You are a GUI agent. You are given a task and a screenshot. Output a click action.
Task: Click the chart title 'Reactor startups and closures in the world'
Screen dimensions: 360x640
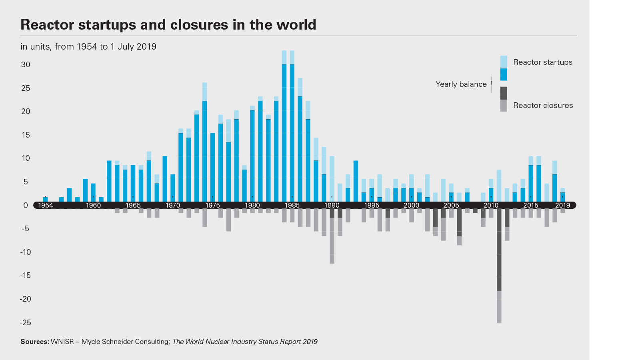[x=168, y=25]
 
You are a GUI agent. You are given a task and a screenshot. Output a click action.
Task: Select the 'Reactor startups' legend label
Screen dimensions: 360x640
[x=542, y=62]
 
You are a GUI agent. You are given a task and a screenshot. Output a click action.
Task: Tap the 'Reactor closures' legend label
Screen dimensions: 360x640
[x=543, y=106]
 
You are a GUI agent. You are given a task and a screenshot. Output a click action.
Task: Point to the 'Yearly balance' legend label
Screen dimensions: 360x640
[x=461, y=84]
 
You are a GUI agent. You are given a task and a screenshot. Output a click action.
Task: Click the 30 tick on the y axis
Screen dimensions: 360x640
[x=26, y=65]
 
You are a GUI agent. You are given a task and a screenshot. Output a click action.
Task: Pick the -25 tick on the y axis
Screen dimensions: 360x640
[x=25, y=323]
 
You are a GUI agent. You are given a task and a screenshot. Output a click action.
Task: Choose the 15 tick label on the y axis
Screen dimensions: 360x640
[x=26, y=135]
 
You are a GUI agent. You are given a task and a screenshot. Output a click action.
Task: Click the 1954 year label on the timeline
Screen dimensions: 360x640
[x=45, y=205]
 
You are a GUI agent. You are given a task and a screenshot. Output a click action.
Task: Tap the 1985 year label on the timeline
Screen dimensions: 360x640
[x=292, y=205]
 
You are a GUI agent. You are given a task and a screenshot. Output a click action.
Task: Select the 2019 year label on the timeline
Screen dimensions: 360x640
[x=562, y=205]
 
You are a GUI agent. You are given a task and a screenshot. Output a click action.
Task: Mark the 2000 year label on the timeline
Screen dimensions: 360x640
[x=411, y=205]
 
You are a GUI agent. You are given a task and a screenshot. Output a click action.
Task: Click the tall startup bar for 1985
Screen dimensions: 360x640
[x=292, y=128]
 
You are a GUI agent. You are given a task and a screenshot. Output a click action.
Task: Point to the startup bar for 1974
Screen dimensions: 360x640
[x=204, y=144]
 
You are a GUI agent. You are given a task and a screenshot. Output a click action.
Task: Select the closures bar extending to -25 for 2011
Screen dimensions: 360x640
[x=499, y=264]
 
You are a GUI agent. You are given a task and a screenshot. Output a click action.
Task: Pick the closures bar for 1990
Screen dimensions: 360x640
[x=332, y=236]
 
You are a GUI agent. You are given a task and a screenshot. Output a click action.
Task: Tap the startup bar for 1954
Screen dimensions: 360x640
[x=45, y=199]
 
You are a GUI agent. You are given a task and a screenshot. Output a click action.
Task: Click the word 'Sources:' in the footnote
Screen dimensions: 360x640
[x=35, y=342]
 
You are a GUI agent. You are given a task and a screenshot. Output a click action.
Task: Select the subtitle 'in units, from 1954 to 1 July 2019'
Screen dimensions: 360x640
[x=88, y=47]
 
